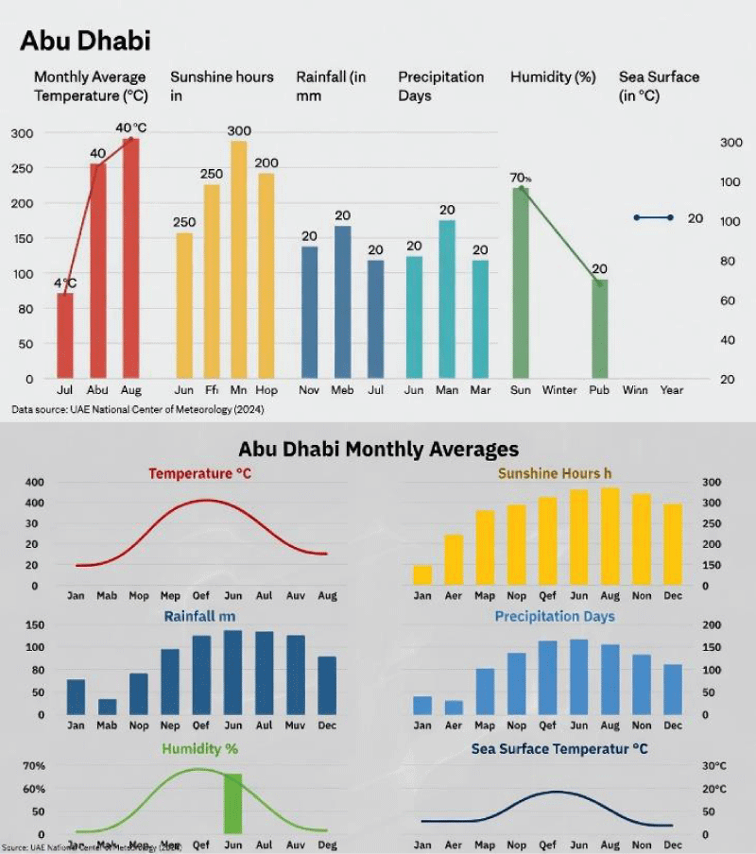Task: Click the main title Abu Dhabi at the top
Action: pyautogui.click(x=85, y=41)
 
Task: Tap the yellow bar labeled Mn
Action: pyautogui.click(x=239, y=260)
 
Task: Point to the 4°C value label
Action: pyautogui.click(x=65, y=282)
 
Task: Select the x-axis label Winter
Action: pyautogui.click(x=559, y=390)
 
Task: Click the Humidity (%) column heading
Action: pyautogui.click(x=553, y=77)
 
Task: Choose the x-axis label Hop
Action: pyautogui.click(x=266, y=390)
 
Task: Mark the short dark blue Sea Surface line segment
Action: pyautogui.click(x=653, y=217)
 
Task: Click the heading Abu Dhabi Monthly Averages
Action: pyautogui.click(x=378, y=449)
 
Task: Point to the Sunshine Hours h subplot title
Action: pyautogui.click(x=561, y=473)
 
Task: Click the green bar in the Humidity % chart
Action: pyautogui.click(x=232, y=803)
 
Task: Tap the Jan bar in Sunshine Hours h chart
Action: pyautogui.click(x=422, y=574)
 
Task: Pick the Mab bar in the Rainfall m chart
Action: pyautogui.click(x=107, y=707)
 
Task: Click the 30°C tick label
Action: pyautogui.click(x=714, y=766)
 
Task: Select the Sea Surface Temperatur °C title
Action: pyautogui.click(x=559, y=749)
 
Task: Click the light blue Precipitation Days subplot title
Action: pyautogui.click(x=555, y=616)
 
